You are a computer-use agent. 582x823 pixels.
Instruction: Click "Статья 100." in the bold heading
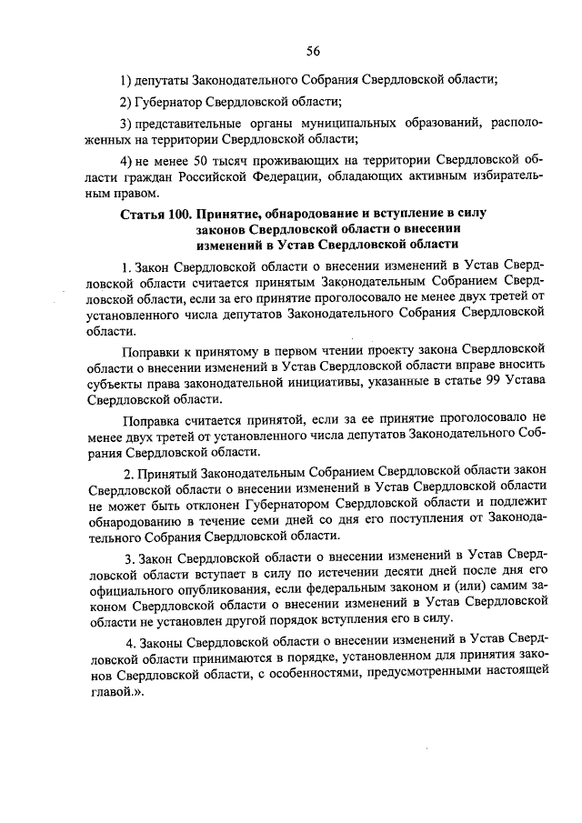155,213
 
